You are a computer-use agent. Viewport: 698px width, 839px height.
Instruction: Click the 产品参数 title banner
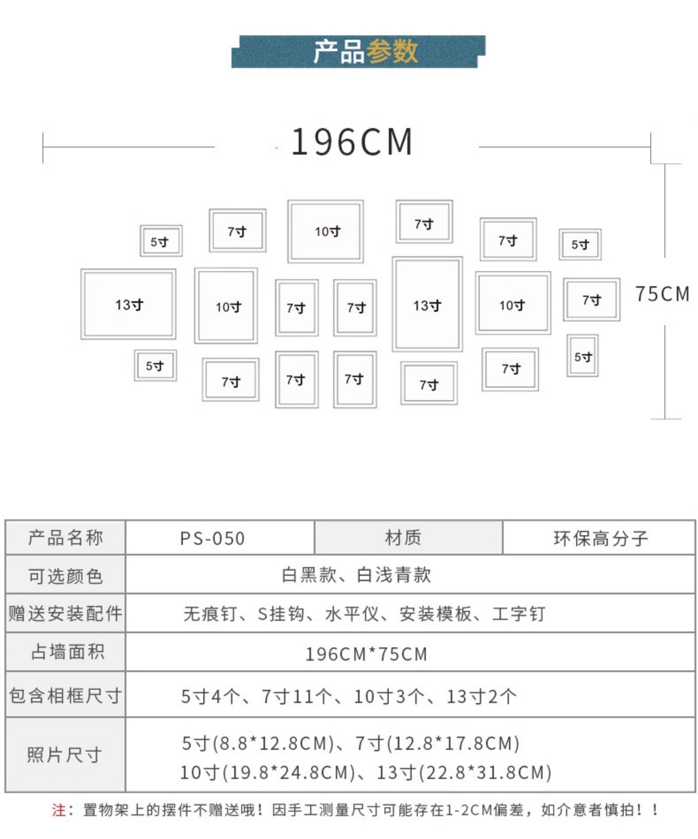358,51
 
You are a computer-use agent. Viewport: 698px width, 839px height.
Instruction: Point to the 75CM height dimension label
662,294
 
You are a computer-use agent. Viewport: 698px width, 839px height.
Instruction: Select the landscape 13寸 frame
128,304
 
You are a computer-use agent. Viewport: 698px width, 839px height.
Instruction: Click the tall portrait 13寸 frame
427,304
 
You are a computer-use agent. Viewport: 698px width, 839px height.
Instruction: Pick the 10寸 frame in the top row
325,231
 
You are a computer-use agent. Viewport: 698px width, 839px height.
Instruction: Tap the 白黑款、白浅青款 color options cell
356,575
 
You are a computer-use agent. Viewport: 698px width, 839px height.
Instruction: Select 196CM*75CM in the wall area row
366,654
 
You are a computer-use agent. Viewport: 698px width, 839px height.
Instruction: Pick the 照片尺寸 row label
64,755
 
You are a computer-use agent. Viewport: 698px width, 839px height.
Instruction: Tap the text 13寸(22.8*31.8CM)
464,772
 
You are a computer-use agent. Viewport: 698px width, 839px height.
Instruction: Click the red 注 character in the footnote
58,810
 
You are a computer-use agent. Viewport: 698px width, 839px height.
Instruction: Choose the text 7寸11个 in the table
297,696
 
